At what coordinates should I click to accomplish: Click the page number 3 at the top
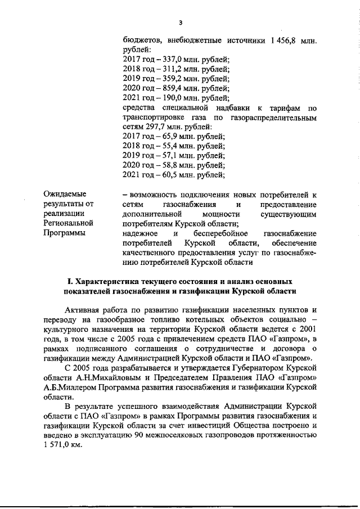(180, 23)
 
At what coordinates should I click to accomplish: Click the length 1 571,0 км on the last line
(62, 444)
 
